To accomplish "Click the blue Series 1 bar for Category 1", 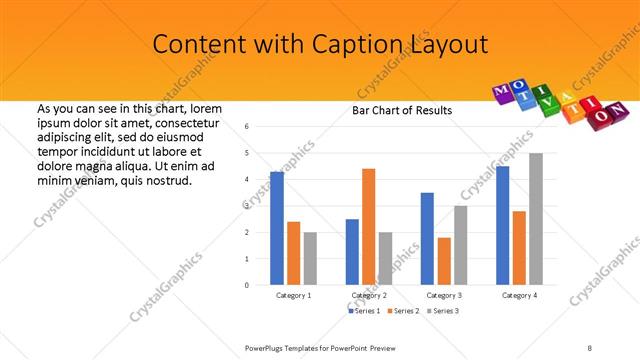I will pos(277,228).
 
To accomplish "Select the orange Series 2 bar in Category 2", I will pos(368,227).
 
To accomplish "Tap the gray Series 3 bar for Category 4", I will pos(536,219).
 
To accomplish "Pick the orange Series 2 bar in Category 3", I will pos(444,261).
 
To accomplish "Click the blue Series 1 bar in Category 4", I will pos(502,225).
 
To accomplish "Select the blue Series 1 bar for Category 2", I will pos(352,252).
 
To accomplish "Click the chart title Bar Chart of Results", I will pos(402,110).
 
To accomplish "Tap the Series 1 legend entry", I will pos(362,311).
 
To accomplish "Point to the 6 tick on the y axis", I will pos(247,126).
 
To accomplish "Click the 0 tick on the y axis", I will pos(247,285).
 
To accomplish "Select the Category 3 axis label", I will pos(443,296).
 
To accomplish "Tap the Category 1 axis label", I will pos(293,296).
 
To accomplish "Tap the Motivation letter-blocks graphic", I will pos(561,100).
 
